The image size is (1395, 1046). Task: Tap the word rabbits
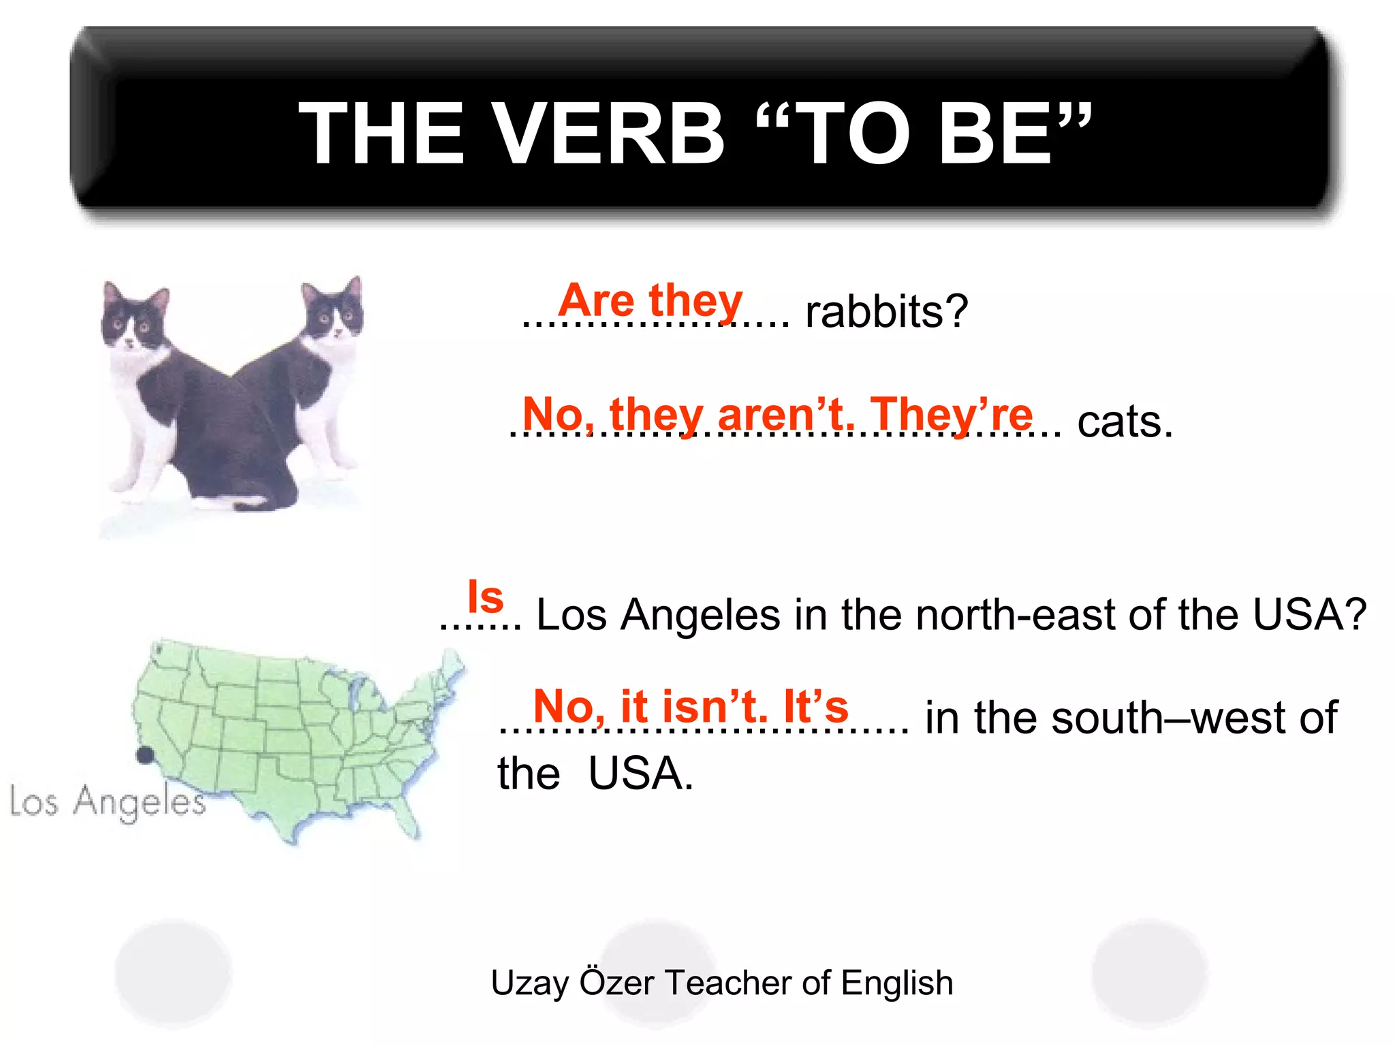click(x=885, y=312)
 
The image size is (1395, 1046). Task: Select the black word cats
click(x=1125, y=422)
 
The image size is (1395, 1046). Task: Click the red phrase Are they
click(x=651, y=300)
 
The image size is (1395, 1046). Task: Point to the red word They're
click(x=952, y=413)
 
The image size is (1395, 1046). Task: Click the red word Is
click(x=485, y=597)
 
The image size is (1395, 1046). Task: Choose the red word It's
click(x=816, y=706)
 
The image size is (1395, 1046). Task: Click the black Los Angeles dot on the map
click(x=144, y=755)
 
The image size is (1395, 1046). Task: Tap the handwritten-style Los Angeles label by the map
click(x=108, y=802)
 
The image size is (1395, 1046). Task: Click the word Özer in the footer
click(x=616, y=983)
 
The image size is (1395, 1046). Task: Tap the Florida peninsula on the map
click(x=407, y=817)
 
